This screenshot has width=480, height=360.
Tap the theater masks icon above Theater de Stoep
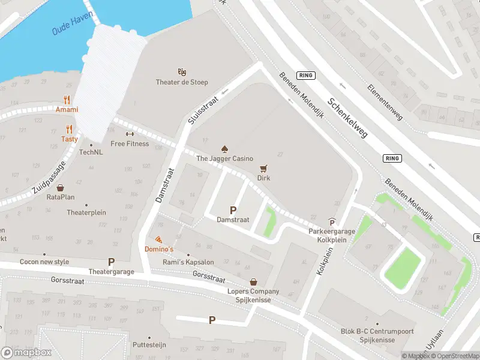(x=182, y=72)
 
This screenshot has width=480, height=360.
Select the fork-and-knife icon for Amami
(x=67, y=100)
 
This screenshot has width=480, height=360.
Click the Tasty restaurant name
(x=69, y=139)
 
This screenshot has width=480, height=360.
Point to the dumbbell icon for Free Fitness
(x=129, y=134)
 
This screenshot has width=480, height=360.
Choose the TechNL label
(x=91, y=152)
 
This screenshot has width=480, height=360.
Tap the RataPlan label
(x=61, y=197)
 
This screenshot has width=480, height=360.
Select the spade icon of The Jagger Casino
(x=225, y=148)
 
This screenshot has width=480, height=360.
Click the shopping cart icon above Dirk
(x=263, y=169)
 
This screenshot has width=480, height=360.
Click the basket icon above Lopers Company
(x=253, y=281)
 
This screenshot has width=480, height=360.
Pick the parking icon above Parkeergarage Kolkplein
(x=332, y=221)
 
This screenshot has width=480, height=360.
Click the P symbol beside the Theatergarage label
(x=111, y=262)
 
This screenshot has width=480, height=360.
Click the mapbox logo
(x=26, y=352)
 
